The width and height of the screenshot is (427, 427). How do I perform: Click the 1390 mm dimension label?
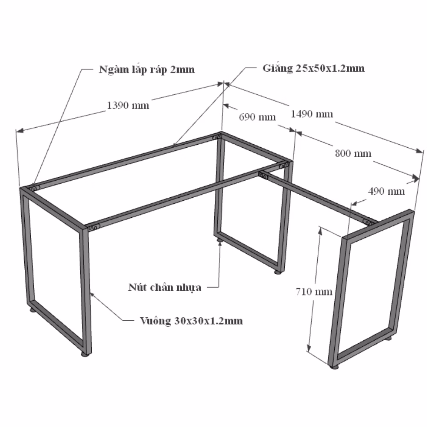(128, 105)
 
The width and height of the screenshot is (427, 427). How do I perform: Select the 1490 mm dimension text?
(312, 114)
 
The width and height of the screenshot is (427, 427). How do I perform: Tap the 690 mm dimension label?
(257, 117)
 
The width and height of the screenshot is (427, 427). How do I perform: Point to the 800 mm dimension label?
(353, 154)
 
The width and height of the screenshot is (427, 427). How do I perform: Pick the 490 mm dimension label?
(386, 191)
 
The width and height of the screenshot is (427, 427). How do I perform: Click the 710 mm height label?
(314, 292)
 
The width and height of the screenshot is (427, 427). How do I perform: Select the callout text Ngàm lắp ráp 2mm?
(147, 70)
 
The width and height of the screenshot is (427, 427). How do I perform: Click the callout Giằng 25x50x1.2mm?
(313, 68)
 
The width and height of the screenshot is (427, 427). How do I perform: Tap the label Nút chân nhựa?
(165, 287)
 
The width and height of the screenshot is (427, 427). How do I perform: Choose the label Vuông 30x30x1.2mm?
(191, 321)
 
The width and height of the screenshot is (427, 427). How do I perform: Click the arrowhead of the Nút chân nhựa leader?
(220, 243)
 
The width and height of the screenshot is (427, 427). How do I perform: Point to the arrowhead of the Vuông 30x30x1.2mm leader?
(92, 294)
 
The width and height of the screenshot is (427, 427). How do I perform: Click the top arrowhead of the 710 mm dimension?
(320, 231)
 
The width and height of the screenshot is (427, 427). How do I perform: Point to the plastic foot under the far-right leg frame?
(334, 367)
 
